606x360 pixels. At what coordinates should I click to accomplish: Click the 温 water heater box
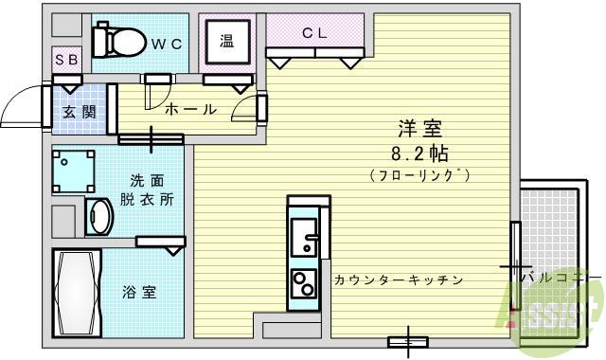(x=227, y=41)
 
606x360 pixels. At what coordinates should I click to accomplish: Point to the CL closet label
(x=314, y=33)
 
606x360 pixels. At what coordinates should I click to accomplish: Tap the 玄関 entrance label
(x=79, y=111)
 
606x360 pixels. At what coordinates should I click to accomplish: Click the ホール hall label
(x=191, y=110)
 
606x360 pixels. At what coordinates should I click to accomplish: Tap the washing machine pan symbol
(x=74, y=171)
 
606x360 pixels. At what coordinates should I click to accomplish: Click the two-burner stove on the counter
(x=304, y=283)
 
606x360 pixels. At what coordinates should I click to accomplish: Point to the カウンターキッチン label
(x=398, y=279)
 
